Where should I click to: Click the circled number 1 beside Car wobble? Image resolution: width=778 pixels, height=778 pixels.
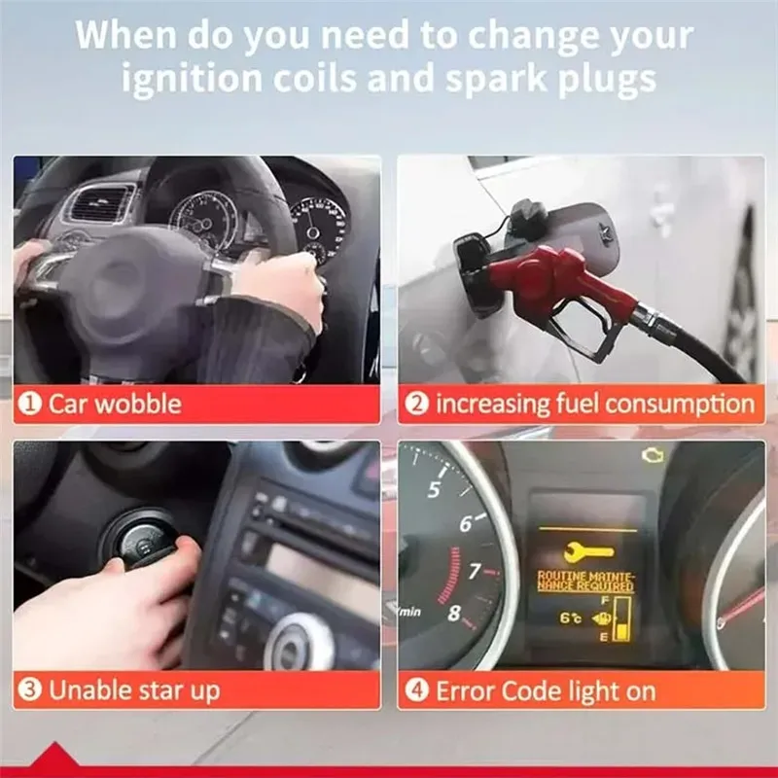click(x=29, y=404)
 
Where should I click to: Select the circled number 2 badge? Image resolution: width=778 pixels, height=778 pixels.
click(x=416, y=404)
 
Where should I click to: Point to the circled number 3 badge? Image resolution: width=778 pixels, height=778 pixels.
click(x=29, y=690)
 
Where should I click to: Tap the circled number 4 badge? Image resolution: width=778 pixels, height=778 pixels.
click(x=416, y=690)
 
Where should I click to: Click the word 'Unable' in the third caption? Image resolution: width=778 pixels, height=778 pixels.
click(x=88, y=690)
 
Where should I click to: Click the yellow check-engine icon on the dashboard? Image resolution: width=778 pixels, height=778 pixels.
click(x=652, y=455)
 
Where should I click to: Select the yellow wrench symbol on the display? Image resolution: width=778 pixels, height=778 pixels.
click(x=588, y=551)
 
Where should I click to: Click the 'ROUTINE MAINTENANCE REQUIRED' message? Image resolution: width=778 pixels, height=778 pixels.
click(x=586, y=582)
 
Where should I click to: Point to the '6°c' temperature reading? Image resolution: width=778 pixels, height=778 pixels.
click(x=571, y=618)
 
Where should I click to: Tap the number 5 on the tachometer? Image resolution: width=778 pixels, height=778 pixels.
click(x=434, y=490)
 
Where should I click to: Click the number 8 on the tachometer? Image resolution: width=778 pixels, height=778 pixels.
click(x=453, y=614)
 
